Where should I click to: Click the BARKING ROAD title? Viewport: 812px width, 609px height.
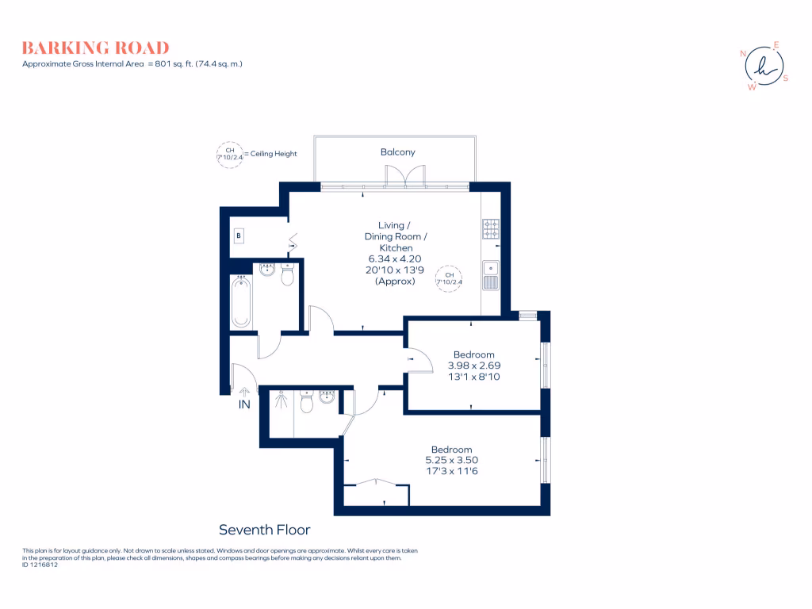tap(95, 48)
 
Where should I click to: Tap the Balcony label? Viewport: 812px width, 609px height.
tap(397, 152)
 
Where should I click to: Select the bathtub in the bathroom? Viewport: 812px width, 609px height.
tap(241, 301)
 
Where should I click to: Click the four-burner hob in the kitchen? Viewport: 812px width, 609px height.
tap(491, 229)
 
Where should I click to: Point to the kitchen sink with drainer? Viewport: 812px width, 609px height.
tap(491, 274)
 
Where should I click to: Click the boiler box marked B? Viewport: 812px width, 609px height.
tap(238, 236)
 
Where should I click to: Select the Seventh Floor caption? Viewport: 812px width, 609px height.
tap(264, 530)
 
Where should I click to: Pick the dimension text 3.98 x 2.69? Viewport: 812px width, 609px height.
tap(473, 366)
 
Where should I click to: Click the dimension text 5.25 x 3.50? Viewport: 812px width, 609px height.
tap(451, 460)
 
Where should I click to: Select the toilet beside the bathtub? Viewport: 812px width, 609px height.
tap(287, 275)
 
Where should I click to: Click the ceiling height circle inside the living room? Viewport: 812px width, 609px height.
tap(449, 278)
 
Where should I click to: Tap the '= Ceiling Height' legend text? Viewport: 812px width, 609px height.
tap(270, 154)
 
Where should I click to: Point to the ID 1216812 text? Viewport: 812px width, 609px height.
tap(40, 565)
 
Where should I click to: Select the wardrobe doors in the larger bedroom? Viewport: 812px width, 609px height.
tap(376, 485)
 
